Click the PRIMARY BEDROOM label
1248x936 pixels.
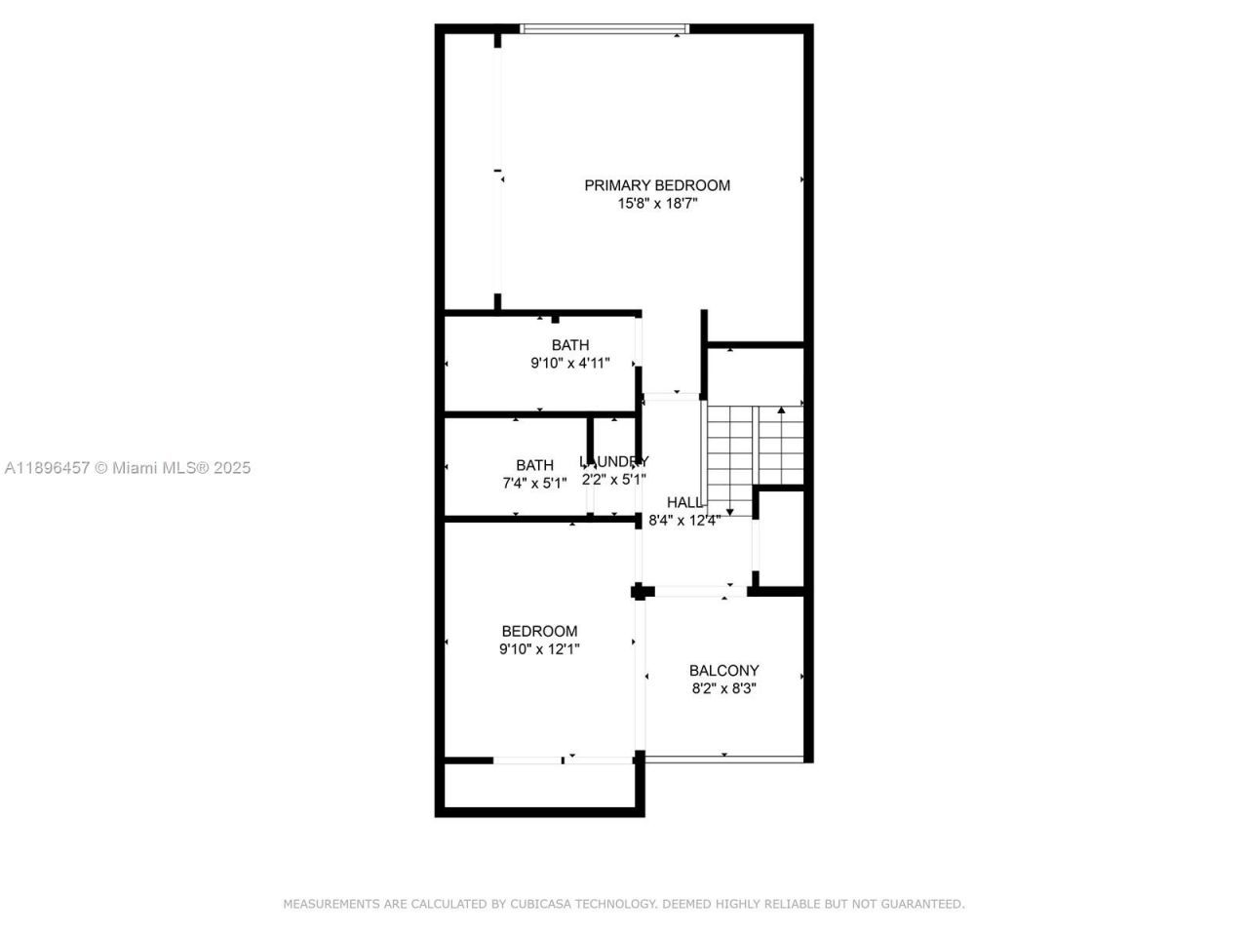tap(657, 185)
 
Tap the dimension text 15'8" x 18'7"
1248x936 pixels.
tap(657, 204)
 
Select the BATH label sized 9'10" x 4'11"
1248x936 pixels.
tap(570, 345)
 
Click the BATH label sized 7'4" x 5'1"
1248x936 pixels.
tap(534, 465)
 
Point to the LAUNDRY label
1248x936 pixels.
tap(614, 461)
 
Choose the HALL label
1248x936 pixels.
tap(684, 502)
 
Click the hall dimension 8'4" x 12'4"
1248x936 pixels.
tap(684, 521)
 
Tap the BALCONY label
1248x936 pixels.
tap(723, 671)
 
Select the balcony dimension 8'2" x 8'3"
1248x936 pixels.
tap(723, 688)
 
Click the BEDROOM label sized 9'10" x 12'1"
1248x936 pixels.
tap(539, 632)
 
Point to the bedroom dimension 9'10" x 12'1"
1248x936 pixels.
tap(539, 649)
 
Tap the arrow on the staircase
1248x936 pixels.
tap(781, 411)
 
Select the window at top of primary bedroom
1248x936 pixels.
tap(604, 29)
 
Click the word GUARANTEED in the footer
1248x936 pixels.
tap(921, 904)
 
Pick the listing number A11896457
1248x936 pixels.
tap(47, 468)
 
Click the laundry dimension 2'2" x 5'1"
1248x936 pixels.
tap(614, 480)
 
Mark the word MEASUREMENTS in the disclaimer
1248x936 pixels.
tap(331, 904)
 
